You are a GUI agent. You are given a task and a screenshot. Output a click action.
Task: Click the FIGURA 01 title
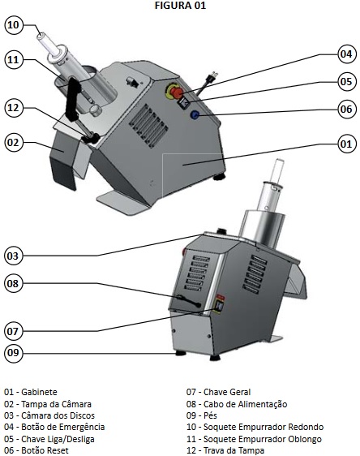coord(180,6)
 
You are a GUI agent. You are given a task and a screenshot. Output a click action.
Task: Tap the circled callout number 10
coord(14,25)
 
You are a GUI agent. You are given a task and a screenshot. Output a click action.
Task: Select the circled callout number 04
coord(346,54)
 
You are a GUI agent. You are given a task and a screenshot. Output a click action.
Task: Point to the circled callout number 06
coord(346,109)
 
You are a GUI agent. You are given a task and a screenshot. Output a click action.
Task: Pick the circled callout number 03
coord(13,256)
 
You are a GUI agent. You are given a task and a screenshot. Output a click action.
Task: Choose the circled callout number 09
coord(13,353)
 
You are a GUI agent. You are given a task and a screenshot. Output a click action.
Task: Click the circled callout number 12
coord(13,108)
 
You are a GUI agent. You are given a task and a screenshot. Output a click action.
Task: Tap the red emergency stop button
coord(177,92)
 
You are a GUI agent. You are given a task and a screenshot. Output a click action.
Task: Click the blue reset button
coord(194,115)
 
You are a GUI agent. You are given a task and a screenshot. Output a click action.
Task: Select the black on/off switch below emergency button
coord(184,103)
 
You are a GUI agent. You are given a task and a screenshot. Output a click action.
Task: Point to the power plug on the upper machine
coord(212,77)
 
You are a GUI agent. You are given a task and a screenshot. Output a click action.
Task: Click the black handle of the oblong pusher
coord(73,100)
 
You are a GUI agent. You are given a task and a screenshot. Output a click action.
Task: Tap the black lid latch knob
coord(91,138)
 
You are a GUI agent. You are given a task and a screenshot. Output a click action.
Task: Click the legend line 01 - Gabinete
coord(31,392)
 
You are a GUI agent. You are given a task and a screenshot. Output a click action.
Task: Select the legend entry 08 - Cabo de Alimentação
coord(237,404)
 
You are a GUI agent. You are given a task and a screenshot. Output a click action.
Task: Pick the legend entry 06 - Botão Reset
coord(36,450)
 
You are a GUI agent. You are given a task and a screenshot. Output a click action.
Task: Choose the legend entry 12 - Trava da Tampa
coord(225,450)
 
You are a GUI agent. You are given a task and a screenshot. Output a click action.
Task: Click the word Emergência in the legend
coord(82,427)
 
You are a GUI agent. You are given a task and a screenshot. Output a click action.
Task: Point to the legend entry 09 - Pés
coord(202,415)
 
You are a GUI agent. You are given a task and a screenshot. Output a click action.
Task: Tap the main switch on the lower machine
coord(219,306)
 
